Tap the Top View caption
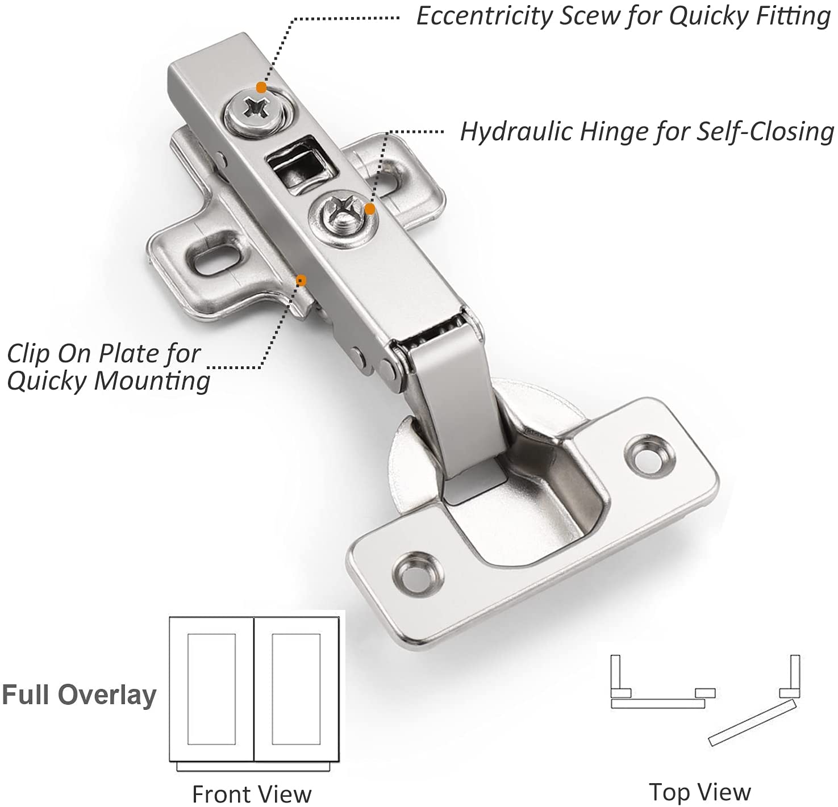pyautogui.click(x=700, y=791)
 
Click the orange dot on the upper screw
pyautogui.click(x=261, y=87)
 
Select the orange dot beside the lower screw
pyautogui.click(x=370, y=209)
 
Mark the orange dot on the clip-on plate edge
pyautogui.click(x=301, y=279)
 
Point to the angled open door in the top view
pyautogui.click(x=751, y=722)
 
